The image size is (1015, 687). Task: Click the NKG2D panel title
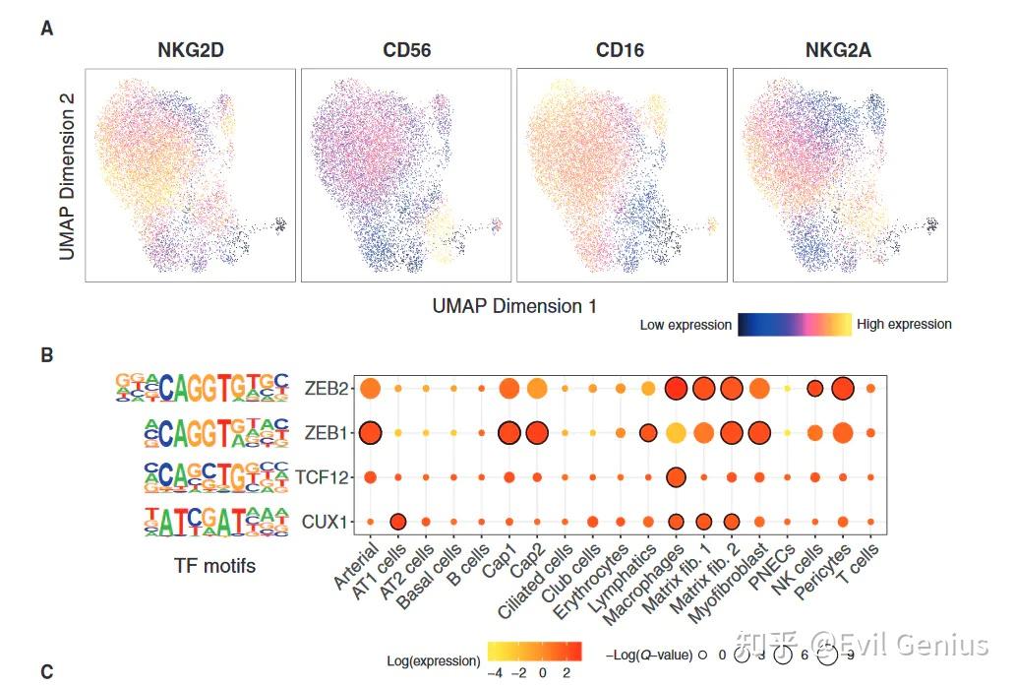coord(191,50)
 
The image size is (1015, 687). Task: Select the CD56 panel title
coord(406,50)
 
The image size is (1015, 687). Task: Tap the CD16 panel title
coord(621,50)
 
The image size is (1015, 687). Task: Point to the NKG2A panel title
coord(839,50)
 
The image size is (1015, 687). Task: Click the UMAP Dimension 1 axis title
coord(514,306)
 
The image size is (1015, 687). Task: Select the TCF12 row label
coord(322,477)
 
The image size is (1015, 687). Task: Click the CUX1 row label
coord(325,522)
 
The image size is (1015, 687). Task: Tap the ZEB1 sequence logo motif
coord(202,433)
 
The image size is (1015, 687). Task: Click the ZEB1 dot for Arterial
coord(370,433)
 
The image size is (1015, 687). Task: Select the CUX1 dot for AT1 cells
coord(398,522)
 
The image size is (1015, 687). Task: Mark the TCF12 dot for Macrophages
coord(676,477)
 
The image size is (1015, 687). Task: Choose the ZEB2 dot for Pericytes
coord(843,389)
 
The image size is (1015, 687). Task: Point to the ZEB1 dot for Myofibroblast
coord(759,433)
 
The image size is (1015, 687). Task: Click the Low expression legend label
coord(686,325)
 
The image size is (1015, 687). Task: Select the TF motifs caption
coord(214,565)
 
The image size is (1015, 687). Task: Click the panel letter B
coord(46,356)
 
